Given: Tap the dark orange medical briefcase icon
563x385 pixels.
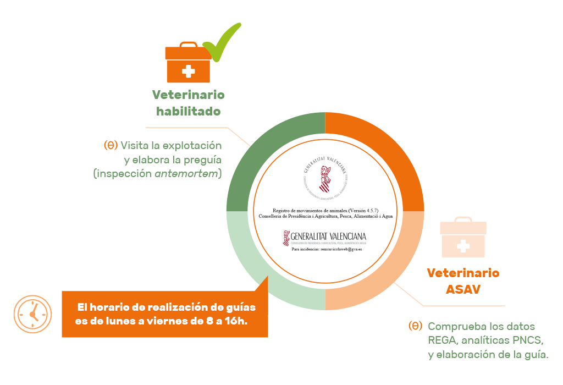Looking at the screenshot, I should (x=188, y=63).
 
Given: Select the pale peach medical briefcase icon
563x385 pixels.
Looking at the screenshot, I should (x=463, y=239).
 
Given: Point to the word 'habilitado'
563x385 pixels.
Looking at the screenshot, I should (x=188, y=111).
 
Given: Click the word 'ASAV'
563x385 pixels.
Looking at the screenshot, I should (x=463, y=288).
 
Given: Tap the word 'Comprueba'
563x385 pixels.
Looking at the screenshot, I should (x=454, y=326).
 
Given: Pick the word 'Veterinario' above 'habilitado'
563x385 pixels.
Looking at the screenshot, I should (x=188, y=95).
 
